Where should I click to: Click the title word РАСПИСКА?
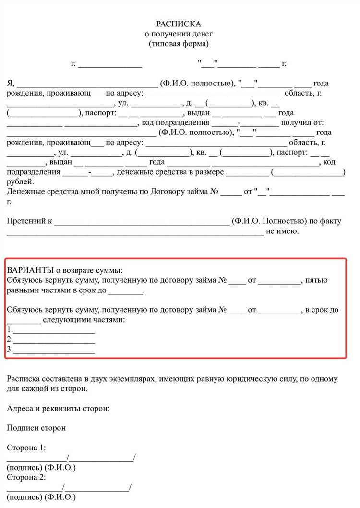click(179, 24)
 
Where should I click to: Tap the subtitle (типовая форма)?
click(179, 44)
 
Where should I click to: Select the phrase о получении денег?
click(179, 34)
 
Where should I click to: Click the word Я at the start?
click(10, 83)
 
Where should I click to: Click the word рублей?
click(20, 181)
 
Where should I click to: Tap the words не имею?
click(282, 231)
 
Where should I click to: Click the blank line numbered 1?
click(53, 330)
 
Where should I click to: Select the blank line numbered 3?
click(53, 350)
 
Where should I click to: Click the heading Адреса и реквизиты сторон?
click(58, 409)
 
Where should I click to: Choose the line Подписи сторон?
click(36, 428)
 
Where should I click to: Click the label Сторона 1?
click(26, 448)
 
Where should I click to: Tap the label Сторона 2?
click(26, 477)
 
